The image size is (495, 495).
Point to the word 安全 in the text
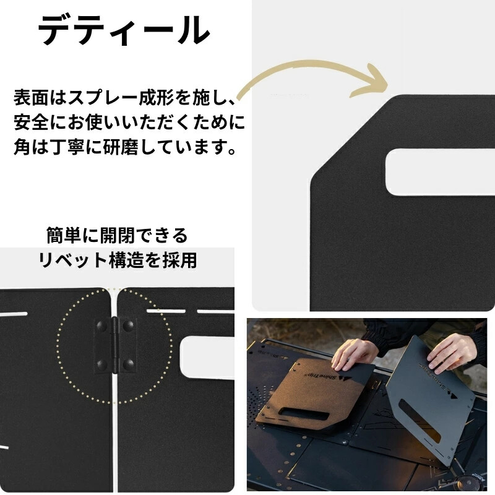click(x=30, y=123)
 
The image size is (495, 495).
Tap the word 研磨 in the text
click(x=120, y=147)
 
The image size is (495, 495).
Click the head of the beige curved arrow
click(x=371, y=81)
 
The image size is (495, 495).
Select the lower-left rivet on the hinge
click(x=102, y=364)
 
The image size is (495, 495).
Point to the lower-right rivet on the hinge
click(x=128, y=364)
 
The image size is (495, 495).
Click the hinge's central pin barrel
click(x=115, y=346)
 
